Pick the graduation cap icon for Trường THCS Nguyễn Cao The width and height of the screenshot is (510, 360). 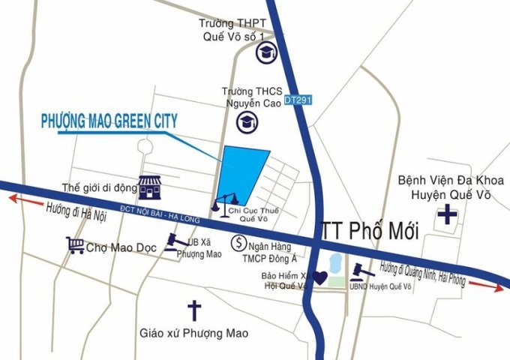click(x=246, y=121)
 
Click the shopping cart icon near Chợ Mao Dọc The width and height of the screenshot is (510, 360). click(x=74, y=245)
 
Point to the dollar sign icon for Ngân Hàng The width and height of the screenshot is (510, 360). click(x=238, y=243)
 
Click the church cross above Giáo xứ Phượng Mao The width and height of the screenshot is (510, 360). click(x=194, y=308)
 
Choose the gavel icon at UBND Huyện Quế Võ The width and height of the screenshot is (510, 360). click(x=361, y=268)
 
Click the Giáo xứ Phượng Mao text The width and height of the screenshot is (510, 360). click(x=194, y=331)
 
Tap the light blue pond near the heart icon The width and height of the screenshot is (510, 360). click(x=334, y=263)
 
